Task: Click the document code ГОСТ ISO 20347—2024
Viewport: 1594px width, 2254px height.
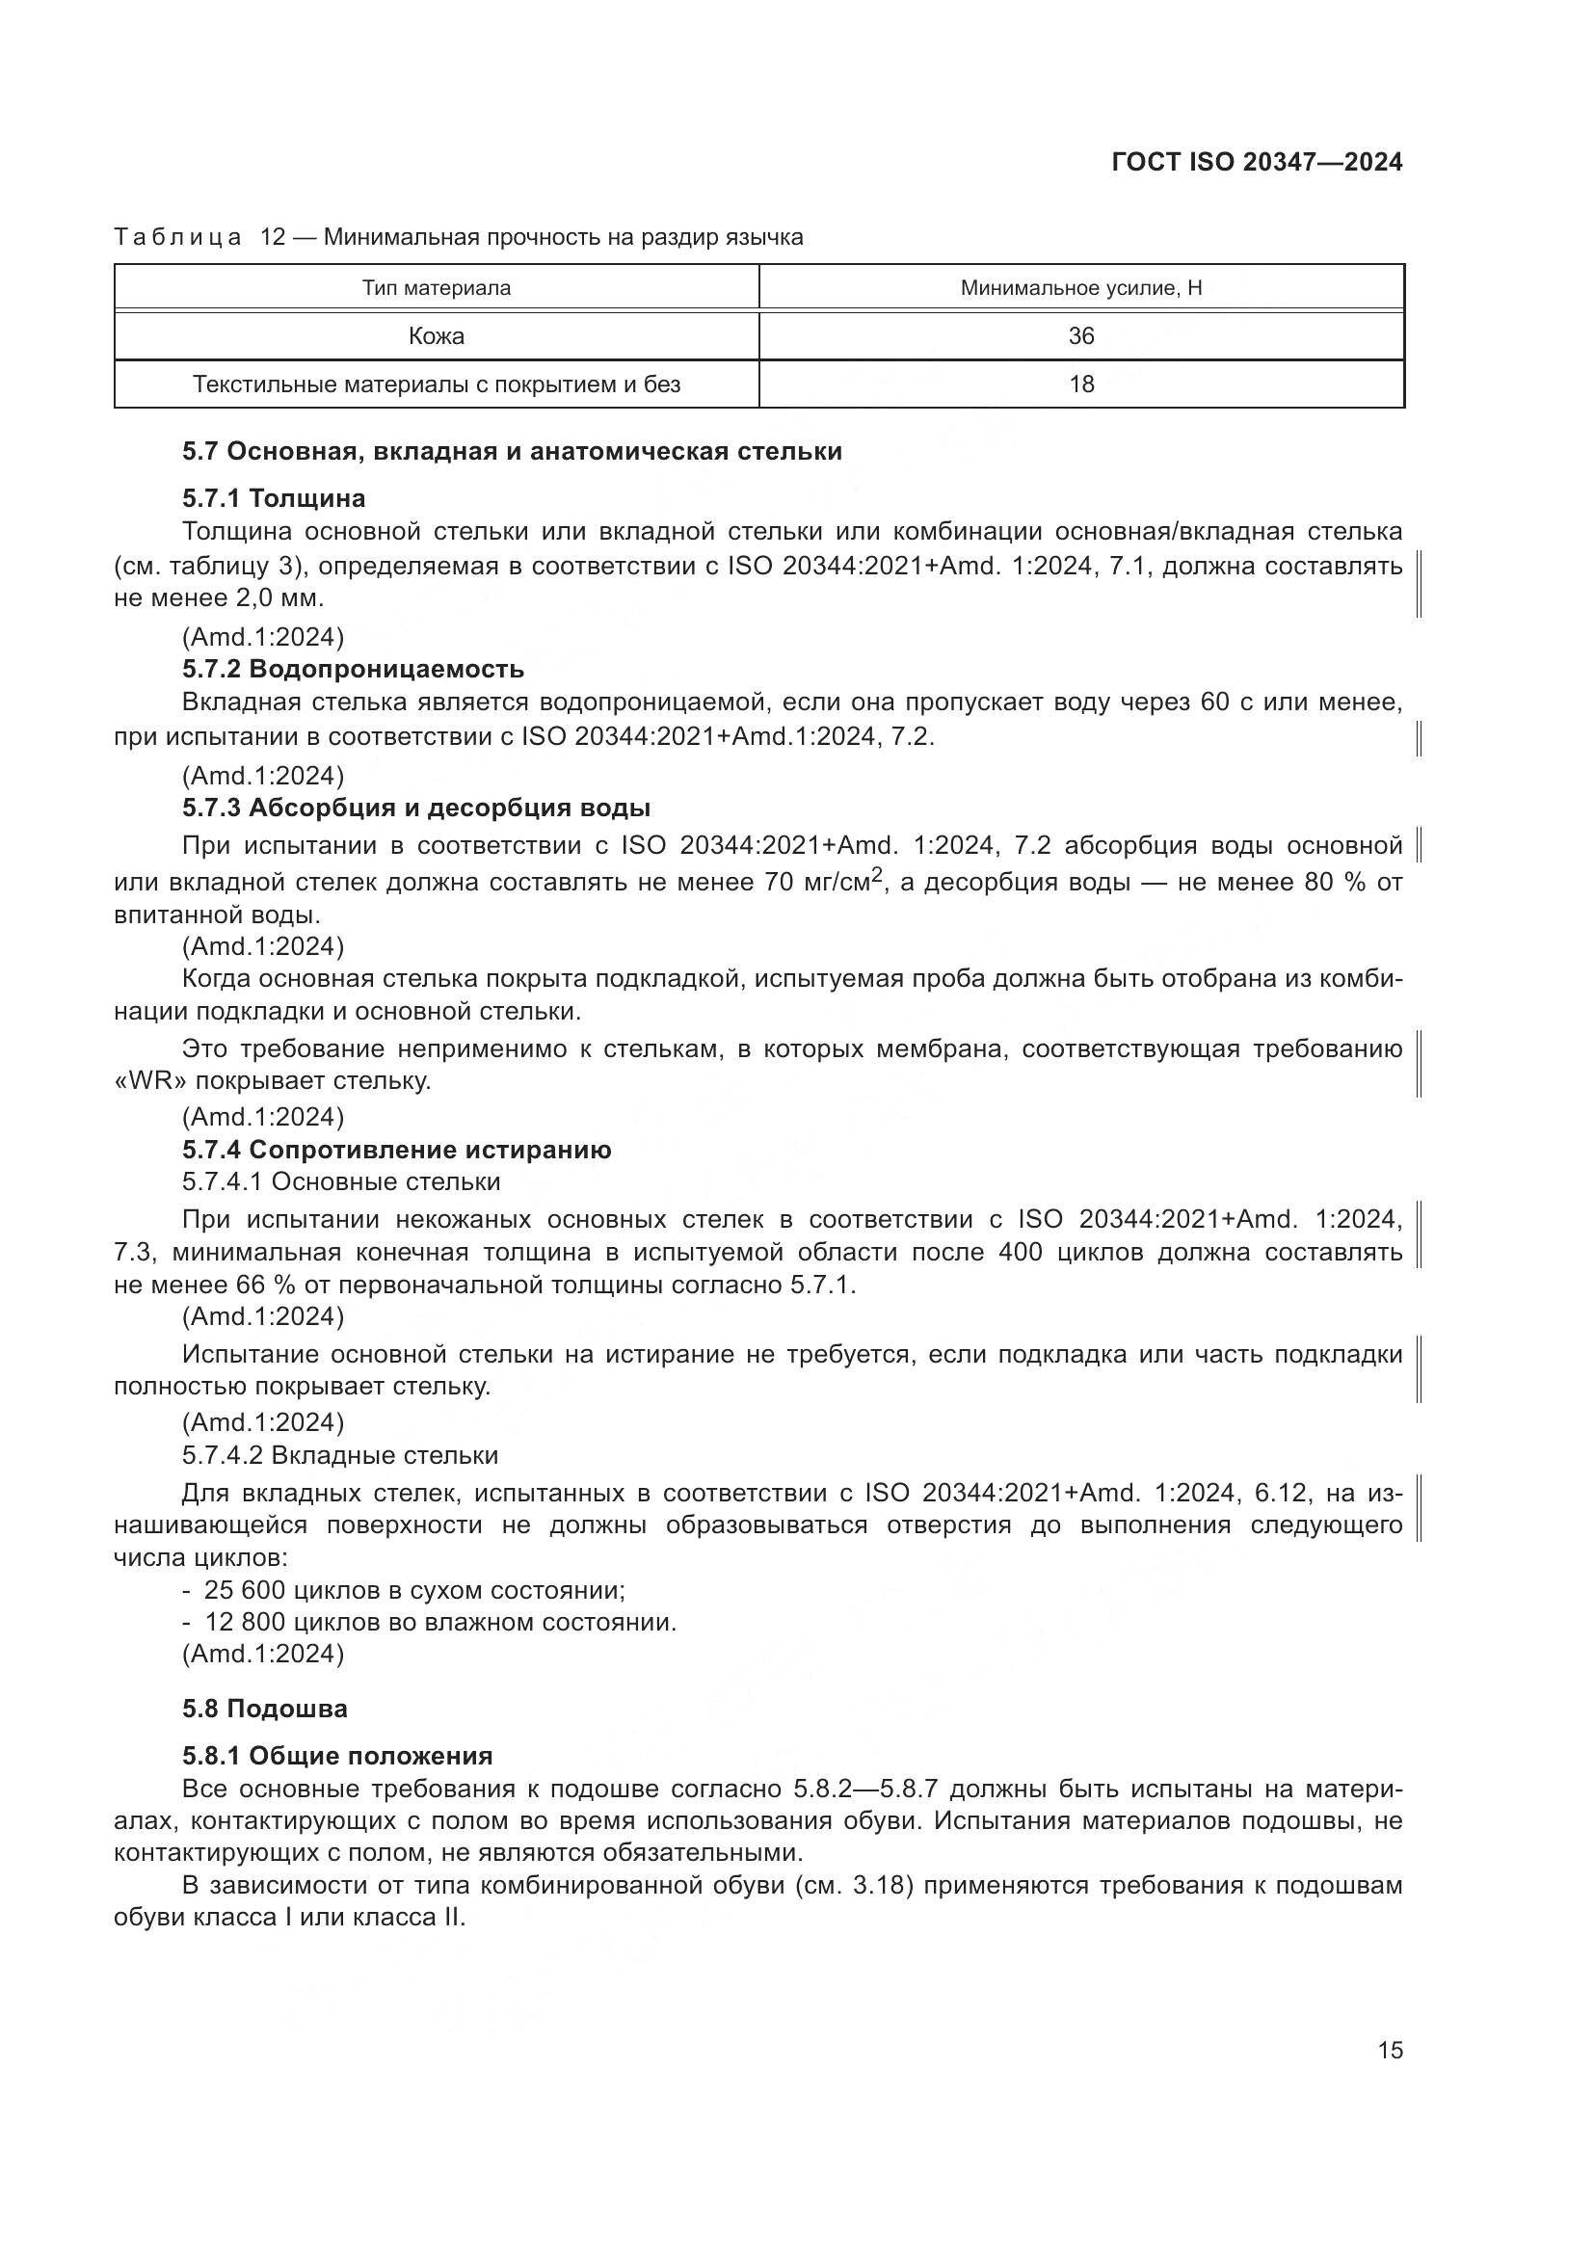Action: [x=1257, y=162]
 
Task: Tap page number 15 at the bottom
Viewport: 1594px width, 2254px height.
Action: [x=1390, y=2050]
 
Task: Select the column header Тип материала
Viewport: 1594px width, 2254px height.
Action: [x=436, y=287]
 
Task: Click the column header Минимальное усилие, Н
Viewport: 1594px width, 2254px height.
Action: [x=1080, y=287]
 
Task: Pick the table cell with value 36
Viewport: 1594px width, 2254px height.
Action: [x=1080, y=335]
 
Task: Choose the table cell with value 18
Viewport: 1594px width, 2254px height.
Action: [x=1080, y=384]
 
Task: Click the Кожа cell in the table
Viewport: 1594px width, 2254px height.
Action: [x=436, y=335]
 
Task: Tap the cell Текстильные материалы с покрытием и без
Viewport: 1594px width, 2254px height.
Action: [x=436, y=384]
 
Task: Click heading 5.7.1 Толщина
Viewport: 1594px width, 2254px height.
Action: [x=274, y=499]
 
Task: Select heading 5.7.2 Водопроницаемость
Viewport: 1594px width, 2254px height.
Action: [x=354, y=670]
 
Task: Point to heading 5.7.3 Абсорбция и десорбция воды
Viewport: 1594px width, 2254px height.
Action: [x=416, y=808]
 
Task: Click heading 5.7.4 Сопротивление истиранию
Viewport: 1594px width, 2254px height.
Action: [x=396, y=1150]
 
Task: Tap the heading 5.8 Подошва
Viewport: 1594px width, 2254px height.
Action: [x=265, y=1710]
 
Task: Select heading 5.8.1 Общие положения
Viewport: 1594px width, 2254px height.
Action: [x=337, y=1757]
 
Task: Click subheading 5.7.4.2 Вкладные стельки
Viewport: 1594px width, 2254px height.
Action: [x=339, y=1455]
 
